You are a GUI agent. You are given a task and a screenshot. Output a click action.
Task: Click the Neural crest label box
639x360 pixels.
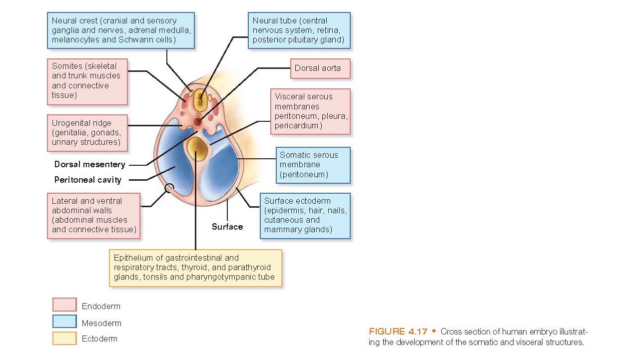pyautogui.click(x=120, y=30)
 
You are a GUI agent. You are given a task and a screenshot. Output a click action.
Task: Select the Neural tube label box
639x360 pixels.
pyautogui.click(x=299, y=30)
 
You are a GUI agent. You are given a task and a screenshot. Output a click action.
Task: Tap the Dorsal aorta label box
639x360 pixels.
pyautogui.click(x=320, y=68)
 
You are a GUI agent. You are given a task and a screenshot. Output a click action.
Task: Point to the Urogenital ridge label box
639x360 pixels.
pyautogui.click(x=87, y=133)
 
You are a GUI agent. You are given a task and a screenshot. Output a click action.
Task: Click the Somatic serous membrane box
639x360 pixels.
pyautogui.click(x=313, y=165)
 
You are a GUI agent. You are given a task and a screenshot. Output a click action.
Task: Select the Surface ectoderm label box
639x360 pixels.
pyautogui.click(x=305, y=216)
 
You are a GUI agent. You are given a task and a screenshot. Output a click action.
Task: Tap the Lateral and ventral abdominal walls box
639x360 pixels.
pyautogui.click(x=93, y=215)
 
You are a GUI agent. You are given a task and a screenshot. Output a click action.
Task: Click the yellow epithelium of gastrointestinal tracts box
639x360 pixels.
pyautogui.click(x=195, y=268)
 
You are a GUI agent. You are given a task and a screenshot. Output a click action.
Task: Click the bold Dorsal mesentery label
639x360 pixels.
pyautogui.click(x=90, y=164)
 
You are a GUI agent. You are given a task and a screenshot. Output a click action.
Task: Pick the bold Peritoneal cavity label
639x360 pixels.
pyautogui.click(x=88, y=180)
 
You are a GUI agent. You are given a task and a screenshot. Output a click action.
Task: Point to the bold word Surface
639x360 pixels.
pyautogui.click(x=227, y=227)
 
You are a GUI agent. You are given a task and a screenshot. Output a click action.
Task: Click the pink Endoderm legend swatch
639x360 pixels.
pyautogui.click(x=64, y=305)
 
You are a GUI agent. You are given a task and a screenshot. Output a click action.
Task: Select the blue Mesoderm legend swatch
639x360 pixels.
pyautogui.click(x=64, y=322)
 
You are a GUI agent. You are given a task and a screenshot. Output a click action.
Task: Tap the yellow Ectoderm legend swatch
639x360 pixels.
pyautogui.click(x=64, y=339)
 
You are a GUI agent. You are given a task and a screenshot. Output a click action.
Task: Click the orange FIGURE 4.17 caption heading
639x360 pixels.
pyautogui.click(x=398, y=332)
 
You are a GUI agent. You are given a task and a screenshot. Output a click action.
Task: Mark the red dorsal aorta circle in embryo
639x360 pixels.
pyautogui.click(x=198, y=121)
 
